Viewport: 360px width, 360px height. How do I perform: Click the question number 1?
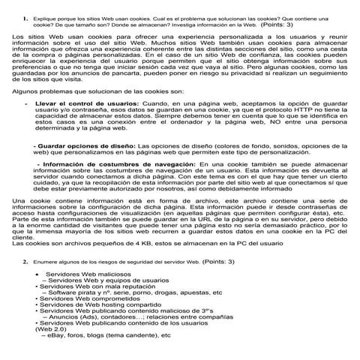coord(27,16)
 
